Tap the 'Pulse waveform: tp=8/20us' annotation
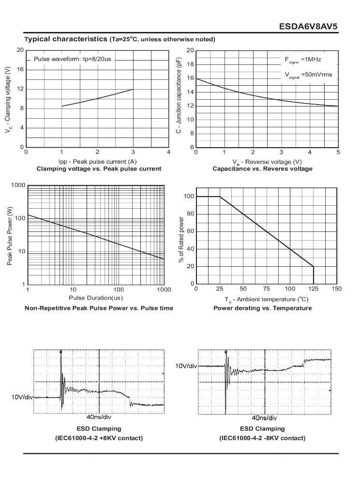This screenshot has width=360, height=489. (72, 59)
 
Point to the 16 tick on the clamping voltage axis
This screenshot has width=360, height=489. (20, 69)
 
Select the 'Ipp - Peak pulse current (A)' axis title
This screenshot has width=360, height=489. (97, 161)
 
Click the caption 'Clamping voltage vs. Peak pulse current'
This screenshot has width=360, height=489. (99, 168)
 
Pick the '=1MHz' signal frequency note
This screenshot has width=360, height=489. (311, 60)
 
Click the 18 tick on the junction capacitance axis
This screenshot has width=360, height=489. (191, 64)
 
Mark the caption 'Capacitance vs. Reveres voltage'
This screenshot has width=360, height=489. (262, 168)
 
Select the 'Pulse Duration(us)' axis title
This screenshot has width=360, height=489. (96, 298)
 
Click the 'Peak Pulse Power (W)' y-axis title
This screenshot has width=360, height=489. (10, 236)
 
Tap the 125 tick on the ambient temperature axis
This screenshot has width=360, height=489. (314, 289)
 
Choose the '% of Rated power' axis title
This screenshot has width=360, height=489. (181, 240)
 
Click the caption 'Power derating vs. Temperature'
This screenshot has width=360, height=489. (262, 308)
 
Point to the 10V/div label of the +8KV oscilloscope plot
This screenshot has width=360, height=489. (22, 397)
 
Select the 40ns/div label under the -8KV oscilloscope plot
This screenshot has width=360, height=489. (264, 418)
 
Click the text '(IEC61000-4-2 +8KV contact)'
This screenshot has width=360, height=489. (99, 438)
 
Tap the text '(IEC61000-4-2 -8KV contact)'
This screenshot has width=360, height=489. (262, 438)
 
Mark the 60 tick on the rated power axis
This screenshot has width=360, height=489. (191, 231)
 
